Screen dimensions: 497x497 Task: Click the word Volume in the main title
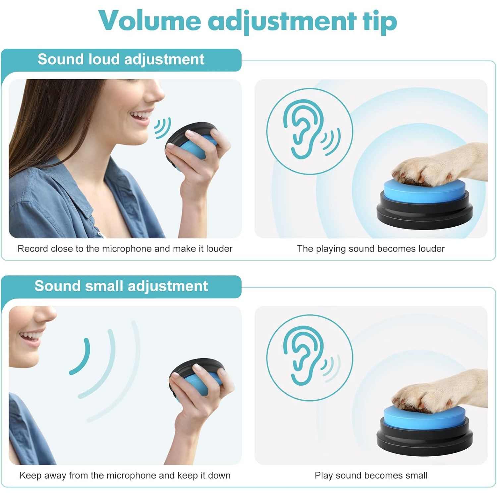[150, 21]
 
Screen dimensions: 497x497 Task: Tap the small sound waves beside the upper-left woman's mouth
[162, 128]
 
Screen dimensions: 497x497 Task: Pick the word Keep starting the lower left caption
[31, 475]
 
